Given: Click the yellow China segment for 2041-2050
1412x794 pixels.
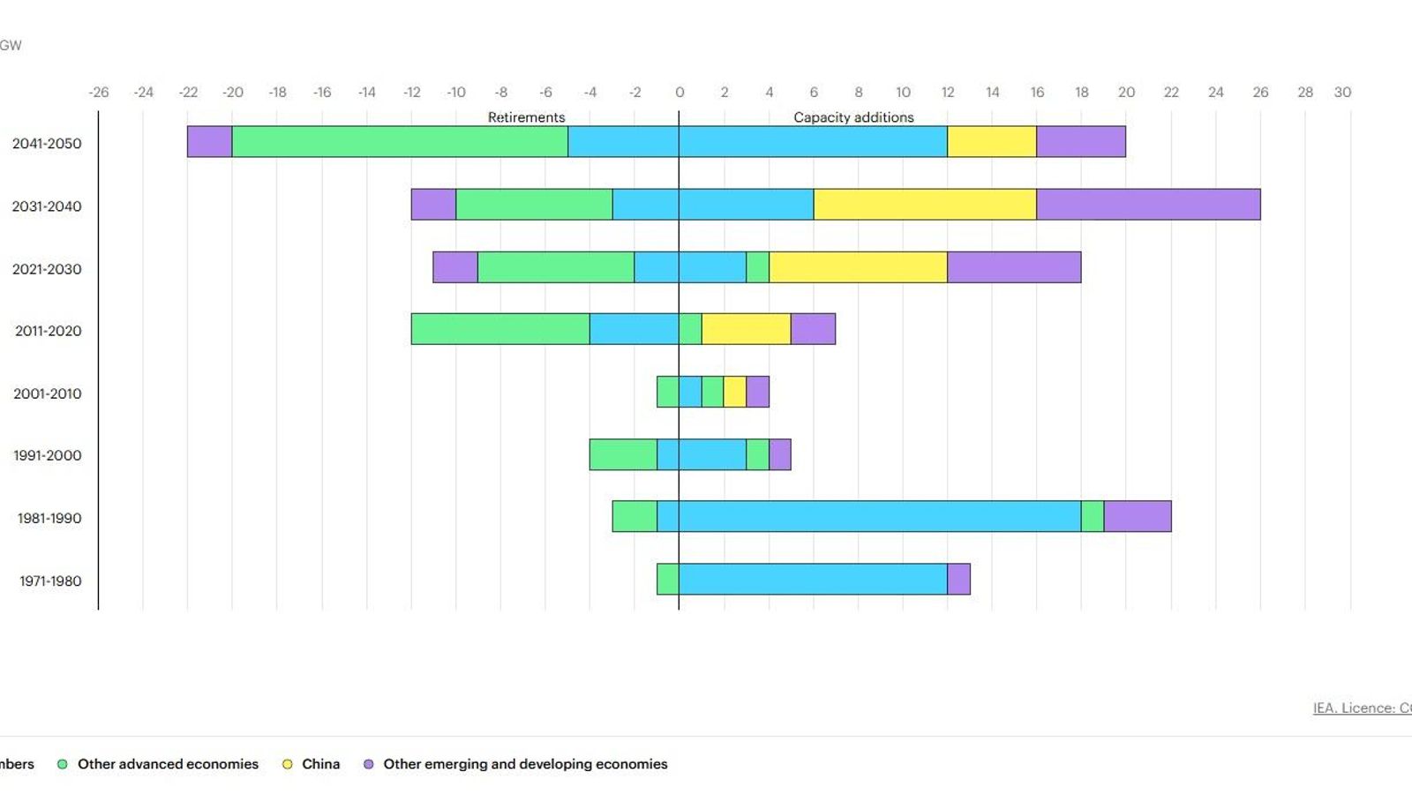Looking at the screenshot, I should pyautogui.click(x=991, y=142).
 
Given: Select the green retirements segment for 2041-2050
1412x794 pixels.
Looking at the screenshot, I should pyautogui.click(x=400, y=142).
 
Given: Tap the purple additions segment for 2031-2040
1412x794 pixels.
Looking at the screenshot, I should pyautogui.click(x=1147, y=205).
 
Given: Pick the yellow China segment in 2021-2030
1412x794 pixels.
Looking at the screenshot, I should pyautogui.click(x=858, y=267).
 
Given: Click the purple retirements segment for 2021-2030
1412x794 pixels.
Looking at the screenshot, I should pyautogui.click(x=455, y=267).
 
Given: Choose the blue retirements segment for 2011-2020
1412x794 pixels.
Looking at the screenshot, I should pyautogui.click(x=634, y=329).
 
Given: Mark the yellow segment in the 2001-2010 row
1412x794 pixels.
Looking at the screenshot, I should pyautogui.click(x=734, y=392).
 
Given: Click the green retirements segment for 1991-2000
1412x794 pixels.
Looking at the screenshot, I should pyautogui.click(x=623, y=454).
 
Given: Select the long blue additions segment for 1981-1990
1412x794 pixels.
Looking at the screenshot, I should pyautogui.click(x=879, y=517).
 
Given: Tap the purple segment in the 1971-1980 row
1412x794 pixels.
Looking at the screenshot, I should pyautogui.click(x=958, y=580).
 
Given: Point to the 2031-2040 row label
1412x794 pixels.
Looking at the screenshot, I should pyautogui.click(x=47, y=206).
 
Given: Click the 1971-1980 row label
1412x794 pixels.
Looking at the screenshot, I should pyautogui.click(x=50, y=581).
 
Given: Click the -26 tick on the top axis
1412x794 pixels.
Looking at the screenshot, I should pyautogui.click(x=99, y=92).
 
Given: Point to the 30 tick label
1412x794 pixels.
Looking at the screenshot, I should pyautogui.click(x=1341, y=92).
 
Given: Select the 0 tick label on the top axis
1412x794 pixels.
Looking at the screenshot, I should pyautogui.click(x=679, y=92).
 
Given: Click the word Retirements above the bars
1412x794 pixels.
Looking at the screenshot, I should pyautogui.click(x=526, y=117).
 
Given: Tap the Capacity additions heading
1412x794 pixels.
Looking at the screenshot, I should pyautogui.click(x=853, y=117).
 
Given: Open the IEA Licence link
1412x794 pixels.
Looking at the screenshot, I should pyautogui.click(x=1361, y=708).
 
